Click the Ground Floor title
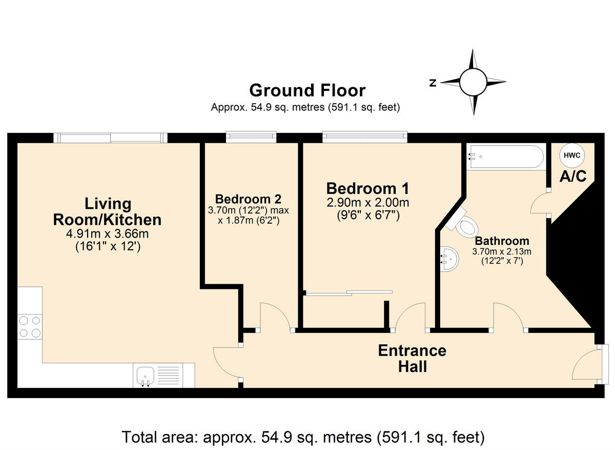tap(307, 90)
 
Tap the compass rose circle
tap(472, 82)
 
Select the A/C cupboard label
tap(572, 176)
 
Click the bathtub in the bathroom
tap(505, 157)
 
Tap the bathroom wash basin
tap(449, 257)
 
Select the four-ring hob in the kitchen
tap(30, 326)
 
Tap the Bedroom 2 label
tap(248, 199)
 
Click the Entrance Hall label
tap(412, 358)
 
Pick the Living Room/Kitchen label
tap(108, 212)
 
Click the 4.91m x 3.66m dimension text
tap(108, 234)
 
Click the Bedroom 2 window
tap(252, 136)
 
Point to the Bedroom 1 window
tap(365, 136)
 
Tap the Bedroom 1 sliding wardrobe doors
tap(348, 293)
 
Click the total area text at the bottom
tap(303, 437)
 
